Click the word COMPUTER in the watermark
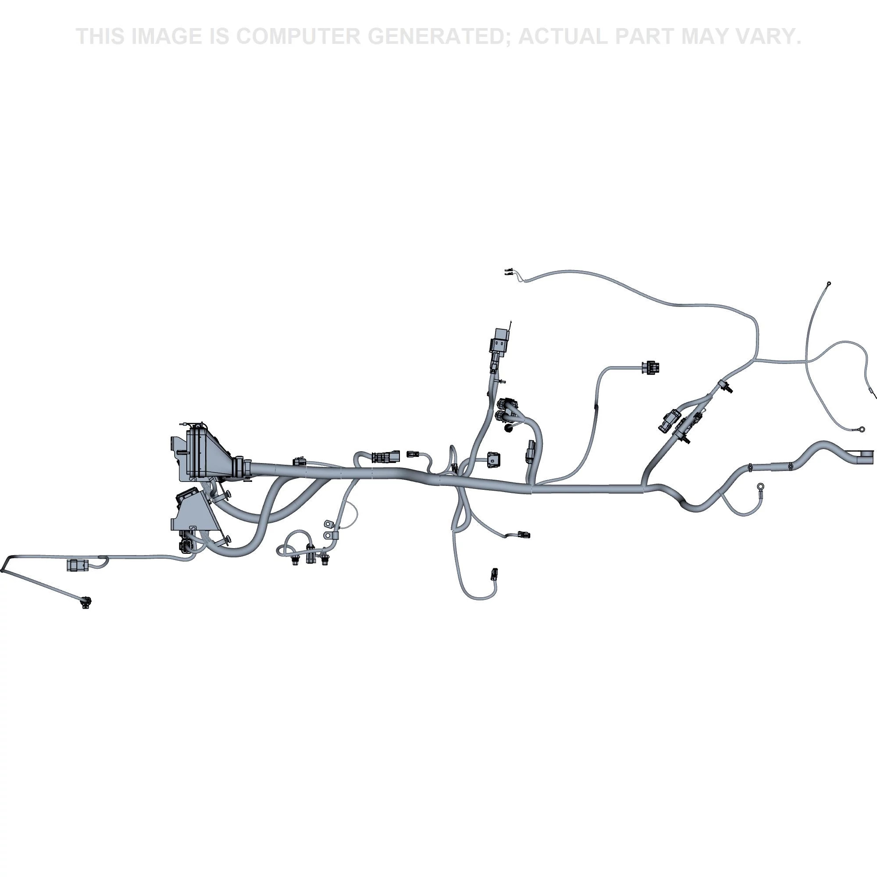click(x=298, y=36)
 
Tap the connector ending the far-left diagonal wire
click(x=86, y=602)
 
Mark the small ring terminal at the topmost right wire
click(x=829, y=284)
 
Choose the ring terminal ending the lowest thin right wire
click(x=860, y=428)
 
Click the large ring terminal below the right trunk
click(x=760, y=488)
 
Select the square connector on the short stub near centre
click(x=493, y=460)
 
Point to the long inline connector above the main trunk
click(x=386, y=456)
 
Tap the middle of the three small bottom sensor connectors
click(x=310, y=555)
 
